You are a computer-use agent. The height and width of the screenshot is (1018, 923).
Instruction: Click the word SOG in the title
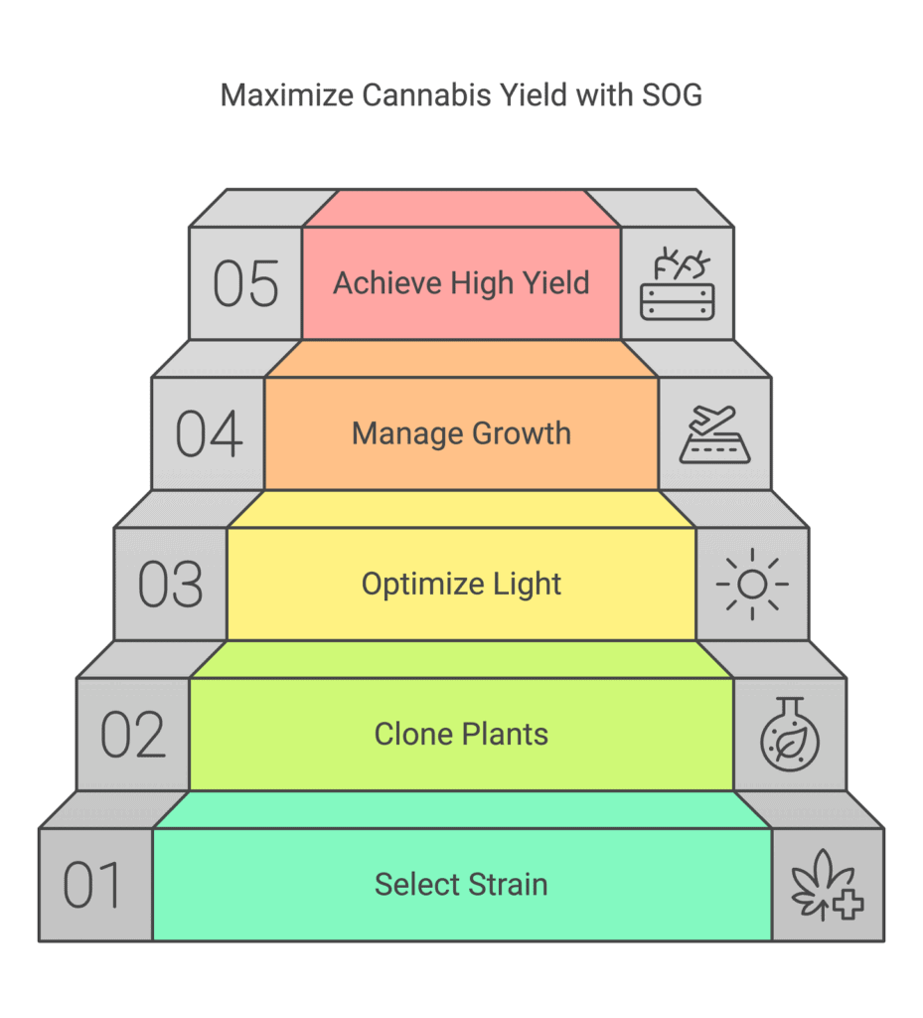(x=672, y=95)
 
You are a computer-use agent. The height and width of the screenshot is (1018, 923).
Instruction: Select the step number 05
(x=245, y=283)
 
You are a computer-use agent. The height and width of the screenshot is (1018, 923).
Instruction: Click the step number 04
(x=209, y=433)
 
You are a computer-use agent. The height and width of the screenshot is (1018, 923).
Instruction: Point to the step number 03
(x=171, y=585)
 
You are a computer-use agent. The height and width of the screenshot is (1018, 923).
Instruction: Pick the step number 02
(x=133, y=735)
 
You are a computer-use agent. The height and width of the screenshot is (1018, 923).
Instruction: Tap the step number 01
(x=92, y=884)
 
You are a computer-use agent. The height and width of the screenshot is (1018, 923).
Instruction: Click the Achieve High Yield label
(x=461, y=283)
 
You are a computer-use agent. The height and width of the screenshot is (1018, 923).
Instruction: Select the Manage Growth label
(x=461, y=433)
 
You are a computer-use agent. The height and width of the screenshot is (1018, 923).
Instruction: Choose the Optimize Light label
(x=461, y=585)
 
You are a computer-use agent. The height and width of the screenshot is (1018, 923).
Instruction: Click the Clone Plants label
(x=461, y=735)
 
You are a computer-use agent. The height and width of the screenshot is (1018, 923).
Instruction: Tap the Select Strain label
(x=461, y=884)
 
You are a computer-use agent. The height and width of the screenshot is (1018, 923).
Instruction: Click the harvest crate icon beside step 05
(x=678, y=283)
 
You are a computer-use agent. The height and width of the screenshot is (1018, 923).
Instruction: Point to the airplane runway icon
(x=714, y=434)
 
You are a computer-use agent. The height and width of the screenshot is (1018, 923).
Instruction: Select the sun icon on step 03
(x=752, y=585)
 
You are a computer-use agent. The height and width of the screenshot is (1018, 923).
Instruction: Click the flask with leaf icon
(x=790, y=735)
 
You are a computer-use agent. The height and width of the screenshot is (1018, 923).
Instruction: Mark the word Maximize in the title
(x=286, y=95)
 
